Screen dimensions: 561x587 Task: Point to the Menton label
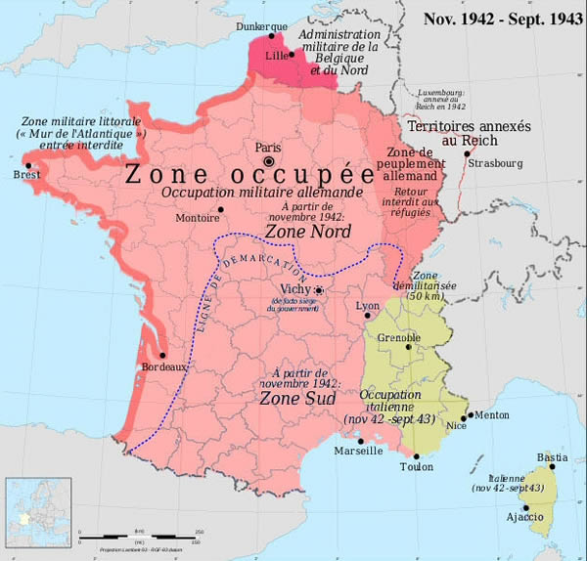pos(491,414)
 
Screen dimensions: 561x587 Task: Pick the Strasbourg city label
pos(496,164)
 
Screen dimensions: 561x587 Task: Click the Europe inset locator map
pos(39,508)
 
